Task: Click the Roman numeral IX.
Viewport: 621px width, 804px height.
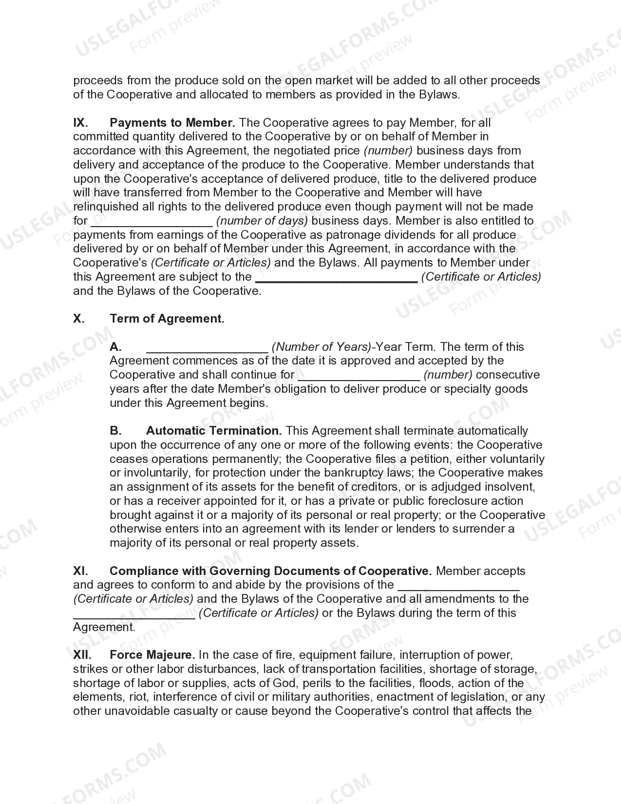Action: (80, 123)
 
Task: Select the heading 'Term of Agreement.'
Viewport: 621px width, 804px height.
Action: (167, 319)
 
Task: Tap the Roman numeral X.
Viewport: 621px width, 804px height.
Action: (79, 319)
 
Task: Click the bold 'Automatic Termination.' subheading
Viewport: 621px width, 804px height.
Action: (214, 431)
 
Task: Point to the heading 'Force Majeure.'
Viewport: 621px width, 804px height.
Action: (152, 655)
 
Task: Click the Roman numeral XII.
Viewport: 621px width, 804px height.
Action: (82, 655)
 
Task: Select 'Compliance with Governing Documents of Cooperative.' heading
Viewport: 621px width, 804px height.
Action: (270, 571)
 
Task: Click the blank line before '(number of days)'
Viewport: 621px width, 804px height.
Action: (151, 222)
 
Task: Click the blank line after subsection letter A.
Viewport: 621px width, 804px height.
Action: (207, 348)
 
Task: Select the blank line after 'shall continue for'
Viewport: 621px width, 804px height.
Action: (358, 376)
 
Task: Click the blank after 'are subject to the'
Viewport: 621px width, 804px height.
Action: (336, 278)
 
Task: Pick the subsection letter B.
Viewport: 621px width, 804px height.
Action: (115, 431)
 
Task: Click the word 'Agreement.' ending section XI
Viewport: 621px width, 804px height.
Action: (104, 627)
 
